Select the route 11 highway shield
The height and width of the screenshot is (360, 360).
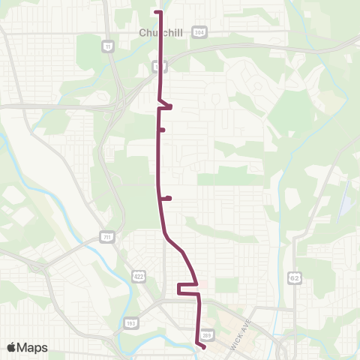pyautogui.click(x=109, y=46)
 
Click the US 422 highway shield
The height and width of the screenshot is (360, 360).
pyautogui.click(x=139, y=275)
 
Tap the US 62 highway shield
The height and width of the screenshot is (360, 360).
pyautogui.click(x=295, y=277)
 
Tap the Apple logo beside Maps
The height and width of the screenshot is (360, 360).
pyautogui.click(x=12, y=347)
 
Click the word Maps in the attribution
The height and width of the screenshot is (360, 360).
pyautogui.click(x=32, y=347)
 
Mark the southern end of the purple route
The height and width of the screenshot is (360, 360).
pyautogui.click(x=204, y=347)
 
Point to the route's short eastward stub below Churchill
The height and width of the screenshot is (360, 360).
pyautogui.click(x=168, y=107)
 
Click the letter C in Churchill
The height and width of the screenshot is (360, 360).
pyautogui.click(x=143, y=33)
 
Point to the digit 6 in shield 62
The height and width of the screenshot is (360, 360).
pyautogui.click(x=293, y=277)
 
